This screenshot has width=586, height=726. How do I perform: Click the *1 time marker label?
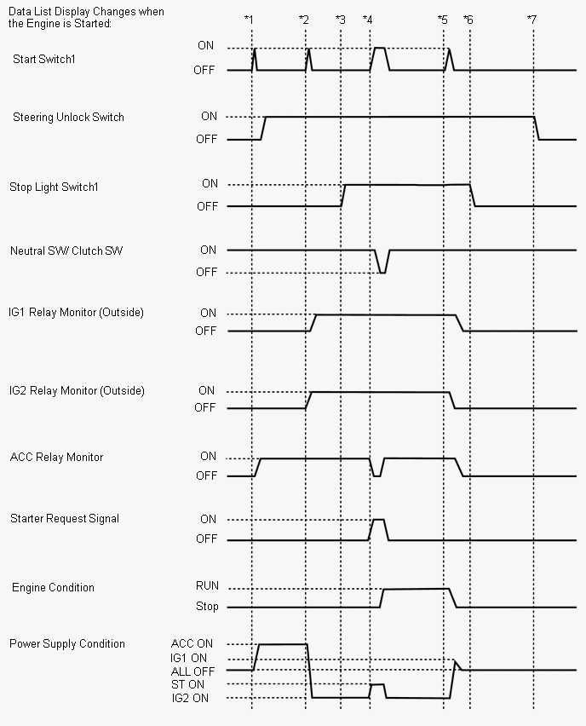click(x=249, y=19)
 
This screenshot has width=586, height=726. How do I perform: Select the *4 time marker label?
click(x=367, y=19)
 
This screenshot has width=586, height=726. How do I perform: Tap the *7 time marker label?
click(x=531, y=19)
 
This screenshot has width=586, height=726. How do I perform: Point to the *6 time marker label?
click(x=468, y=19)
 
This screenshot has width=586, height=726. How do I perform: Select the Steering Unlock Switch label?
click(x=68, y=117)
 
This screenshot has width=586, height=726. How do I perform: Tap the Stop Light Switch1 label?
click(x=54, y=187)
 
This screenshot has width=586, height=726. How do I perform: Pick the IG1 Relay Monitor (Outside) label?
click(x=76, y=313)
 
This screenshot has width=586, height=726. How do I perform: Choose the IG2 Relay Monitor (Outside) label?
click(x=77, y=390)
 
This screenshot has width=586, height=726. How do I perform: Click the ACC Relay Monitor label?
click(x=56, y=457)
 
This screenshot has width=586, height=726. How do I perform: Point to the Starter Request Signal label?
click(x=65, y=518)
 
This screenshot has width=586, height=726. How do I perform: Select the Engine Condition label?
click(x=53, y=587)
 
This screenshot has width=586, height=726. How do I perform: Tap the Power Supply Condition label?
click(x=67, y=643)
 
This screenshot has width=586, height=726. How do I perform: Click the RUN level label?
click(x=207, y=585)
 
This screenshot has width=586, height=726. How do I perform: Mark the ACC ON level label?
click(x=192, y=643)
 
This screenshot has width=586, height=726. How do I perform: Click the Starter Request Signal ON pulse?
click(x=378, y=520)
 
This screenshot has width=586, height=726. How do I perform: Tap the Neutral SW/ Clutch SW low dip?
click(x=382, y=272)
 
